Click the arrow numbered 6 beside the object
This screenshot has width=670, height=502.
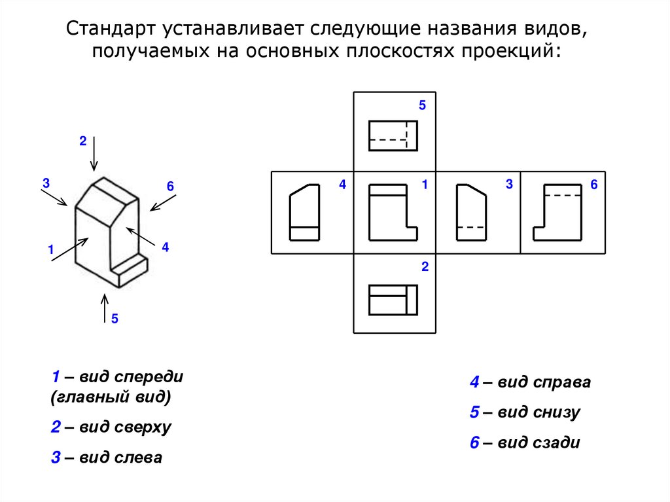(x=159, y=202)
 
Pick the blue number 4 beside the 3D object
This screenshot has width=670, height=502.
(x=166, y=247)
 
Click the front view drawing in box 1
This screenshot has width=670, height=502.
(x=393, y=212)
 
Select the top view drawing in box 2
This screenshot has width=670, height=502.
(x=393, y=300)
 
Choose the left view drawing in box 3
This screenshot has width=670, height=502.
(x=471, y=212)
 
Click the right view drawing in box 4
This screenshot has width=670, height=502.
(x=305, y=212)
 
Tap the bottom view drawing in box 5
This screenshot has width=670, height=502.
(x=393, y=135)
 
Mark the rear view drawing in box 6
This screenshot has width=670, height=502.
(x=557, y=212)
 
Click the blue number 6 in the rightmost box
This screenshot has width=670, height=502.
(x=594, y=185)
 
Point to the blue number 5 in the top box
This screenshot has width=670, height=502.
(x=422, y=105)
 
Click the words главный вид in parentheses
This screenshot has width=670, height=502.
(x=111, y=397)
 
